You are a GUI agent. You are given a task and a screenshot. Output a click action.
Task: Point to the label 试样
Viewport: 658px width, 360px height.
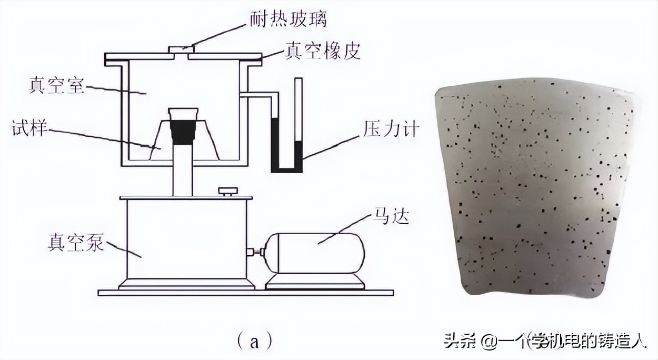click(x=30, y=129)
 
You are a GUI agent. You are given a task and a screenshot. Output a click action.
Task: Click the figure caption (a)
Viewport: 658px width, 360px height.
click(x=254, y=341)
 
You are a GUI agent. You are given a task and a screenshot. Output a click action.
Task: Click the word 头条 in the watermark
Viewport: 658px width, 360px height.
click(x=456, y=341)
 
